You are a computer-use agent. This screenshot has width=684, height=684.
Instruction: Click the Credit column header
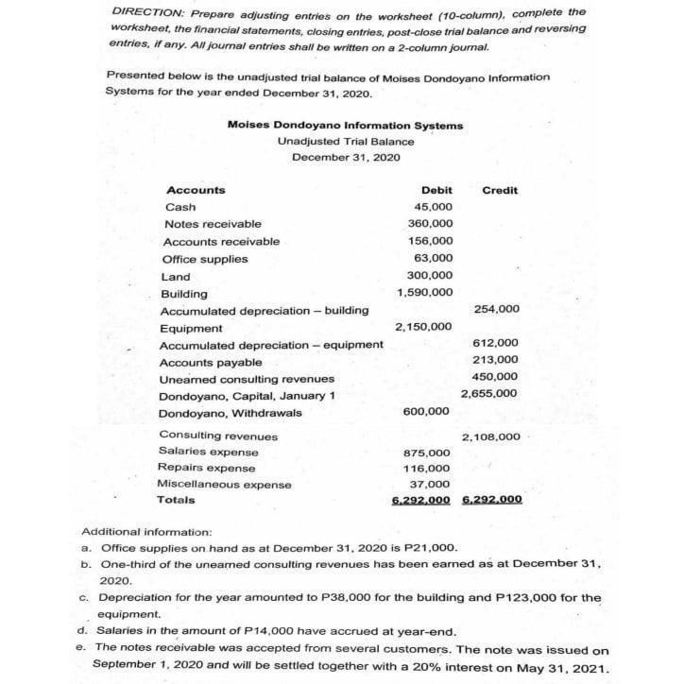click(x=500, y=190)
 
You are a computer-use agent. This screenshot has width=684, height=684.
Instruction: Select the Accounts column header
click(x=196, y=190)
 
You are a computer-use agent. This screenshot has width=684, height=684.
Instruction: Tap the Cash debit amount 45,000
click(x=434, y=207)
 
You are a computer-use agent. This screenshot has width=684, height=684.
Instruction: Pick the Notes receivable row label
click(x=213, y=224)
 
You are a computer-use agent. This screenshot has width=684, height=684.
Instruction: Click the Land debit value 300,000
click(x=430, y=276)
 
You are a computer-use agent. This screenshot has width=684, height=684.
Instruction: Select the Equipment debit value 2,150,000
click(x=425, y=327)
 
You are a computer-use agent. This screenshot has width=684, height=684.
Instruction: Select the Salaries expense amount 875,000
click(x=428, y=453)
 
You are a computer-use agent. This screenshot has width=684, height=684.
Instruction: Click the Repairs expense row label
click(x=205, y=468)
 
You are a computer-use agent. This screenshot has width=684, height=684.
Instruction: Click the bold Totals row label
click(x=177, y=500)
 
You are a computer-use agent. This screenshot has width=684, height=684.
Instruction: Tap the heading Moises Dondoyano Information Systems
click(x=346, y=126)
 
